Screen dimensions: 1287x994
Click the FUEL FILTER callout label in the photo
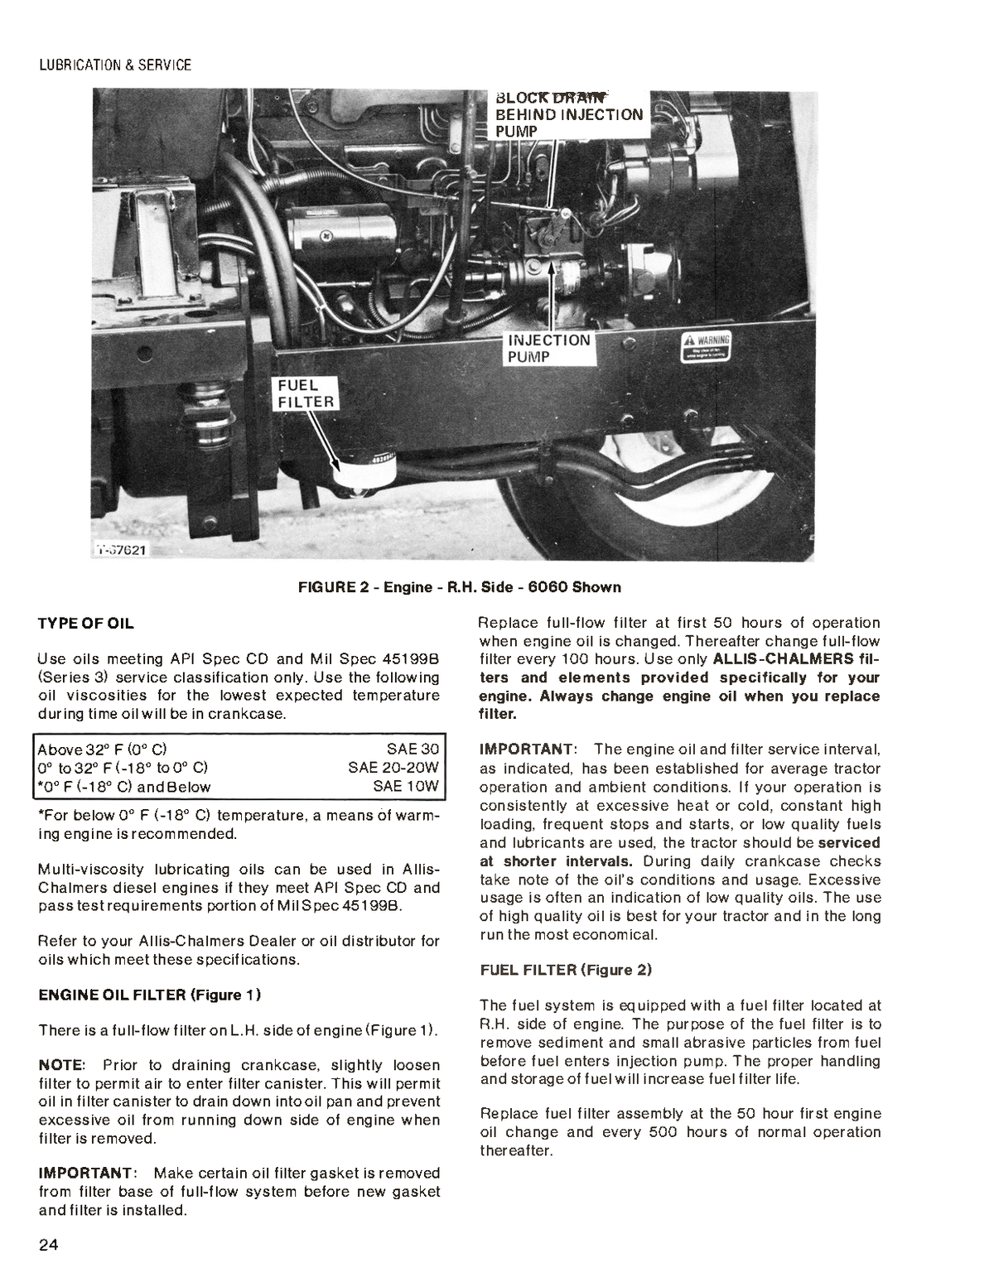(304, 394)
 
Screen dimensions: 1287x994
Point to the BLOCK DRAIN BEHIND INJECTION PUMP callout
(568, 113)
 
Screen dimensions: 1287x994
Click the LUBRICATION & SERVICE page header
(115, 65)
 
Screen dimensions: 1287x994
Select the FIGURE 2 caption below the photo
(460, 587)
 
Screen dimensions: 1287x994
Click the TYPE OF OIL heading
(86, 623)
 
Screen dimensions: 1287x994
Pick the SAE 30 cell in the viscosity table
(413, 749)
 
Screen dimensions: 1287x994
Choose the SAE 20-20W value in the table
(393, 768)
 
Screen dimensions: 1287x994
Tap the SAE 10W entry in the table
(406, 787)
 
